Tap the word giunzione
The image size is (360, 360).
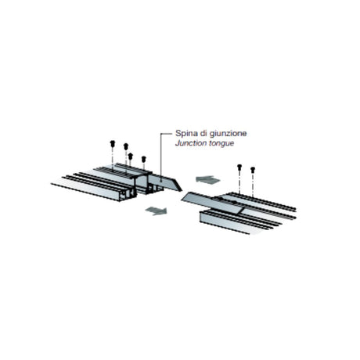[x=229, y=134]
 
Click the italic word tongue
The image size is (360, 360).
[x=221, y=143]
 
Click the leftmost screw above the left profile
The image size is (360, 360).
[x=113, y=143]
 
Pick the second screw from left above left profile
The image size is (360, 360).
[x=126, y=146]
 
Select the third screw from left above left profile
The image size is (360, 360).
[x=131, y=156]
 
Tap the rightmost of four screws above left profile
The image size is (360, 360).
[x=143, y=159]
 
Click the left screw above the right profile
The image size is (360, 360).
[x=239, y=167]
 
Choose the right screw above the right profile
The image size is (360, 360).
[x=253, y=170]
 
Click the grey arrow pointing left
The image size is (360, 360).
[x=208, y=180]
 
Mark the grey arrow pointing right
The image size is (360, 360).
[x=157, y=211]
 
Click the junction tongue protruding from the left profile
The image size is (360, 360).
[x=166, y=182]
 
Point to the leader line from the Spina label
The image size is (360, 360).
[x=161, y=157]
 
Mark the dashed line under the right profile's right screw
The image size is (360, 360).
[x=253, y=185]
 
